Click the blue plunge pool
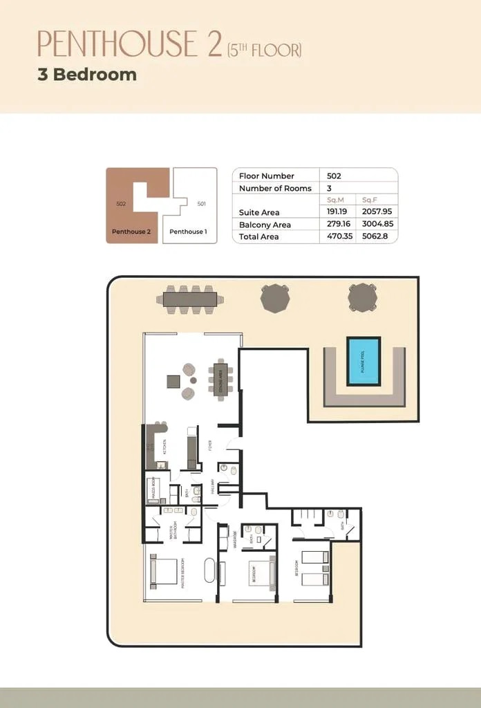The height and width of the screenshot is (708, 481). point(364,360)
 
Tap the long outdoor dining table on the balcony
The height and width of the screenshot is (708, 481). point(190,299)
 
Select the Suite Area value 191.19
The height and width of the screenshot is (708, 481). point(337,212)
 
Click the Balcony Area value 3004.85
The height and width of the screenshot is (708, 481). point(377,225)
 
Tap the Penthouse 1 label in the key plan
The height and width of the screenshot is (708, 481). point(187,232)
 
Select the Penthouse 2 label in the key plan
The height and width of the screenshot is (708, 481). point(131,232)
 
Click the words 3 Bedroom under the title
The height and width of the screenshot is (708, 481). point(87,75)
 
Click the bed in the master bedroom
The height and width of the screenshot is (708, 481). point(164,572)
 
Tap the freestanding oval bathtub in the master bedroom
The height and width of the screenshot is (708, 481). point(209,572)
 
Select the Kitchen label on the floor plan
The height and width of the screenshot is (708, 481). point(164,445)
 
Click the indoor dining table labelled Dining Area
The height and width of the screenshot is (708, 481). point(221,378)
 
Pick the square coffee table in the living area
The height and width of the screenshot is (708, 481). point(173,380)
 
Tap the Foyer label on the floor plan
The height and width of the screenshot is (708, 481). point(209,445)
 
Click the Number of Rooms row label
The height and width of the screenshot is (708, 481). point(275,188)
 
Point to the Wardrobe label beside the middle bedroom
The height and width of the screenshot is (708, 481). point(236,539)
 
